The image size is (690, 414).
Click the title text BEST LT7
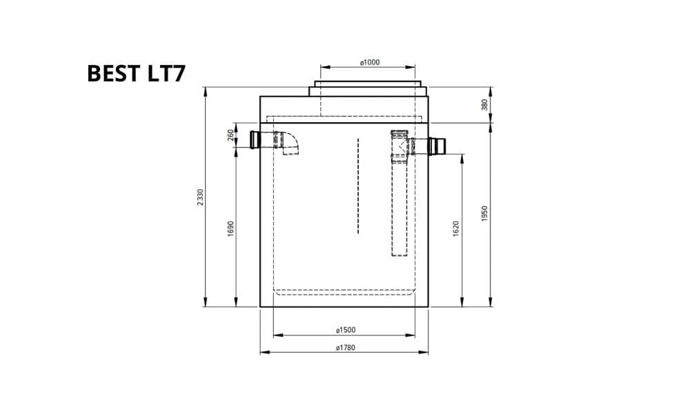(136, 73)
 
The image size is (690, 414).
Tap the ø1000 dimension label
(370, 63)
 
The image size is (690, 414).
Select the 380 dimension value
(484, 105)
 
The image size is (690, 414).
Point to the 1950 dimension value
(484, 213)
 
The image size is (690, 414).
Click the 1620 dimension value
(455, 229)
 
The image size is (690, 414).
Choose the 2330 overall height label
(200, 197)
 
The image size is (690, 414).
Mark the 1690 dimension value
(230, 229)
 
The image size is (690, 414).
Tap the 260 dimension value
(230, 135)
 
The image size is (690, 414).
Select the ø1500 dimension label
(346, 330)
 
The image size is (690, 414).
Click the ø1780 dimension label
(346, 348)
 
